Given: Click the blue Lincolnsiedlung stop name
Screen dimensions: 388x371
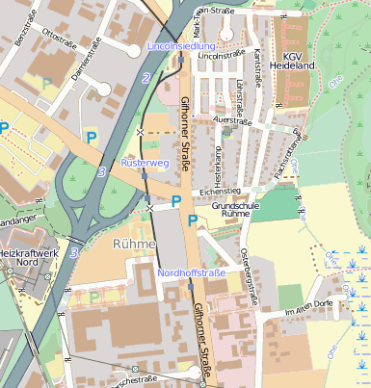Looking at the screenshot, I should [x=180, y=45].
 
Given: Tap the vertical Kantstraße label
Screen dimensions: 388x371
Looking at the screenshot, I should [x=258, y=69].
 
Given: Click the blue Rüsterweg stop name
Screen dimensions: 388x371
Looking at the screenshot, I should [x=145, y=164].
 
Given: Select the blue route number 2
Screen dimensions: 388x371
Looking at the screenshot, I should [x=146, y=78].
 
